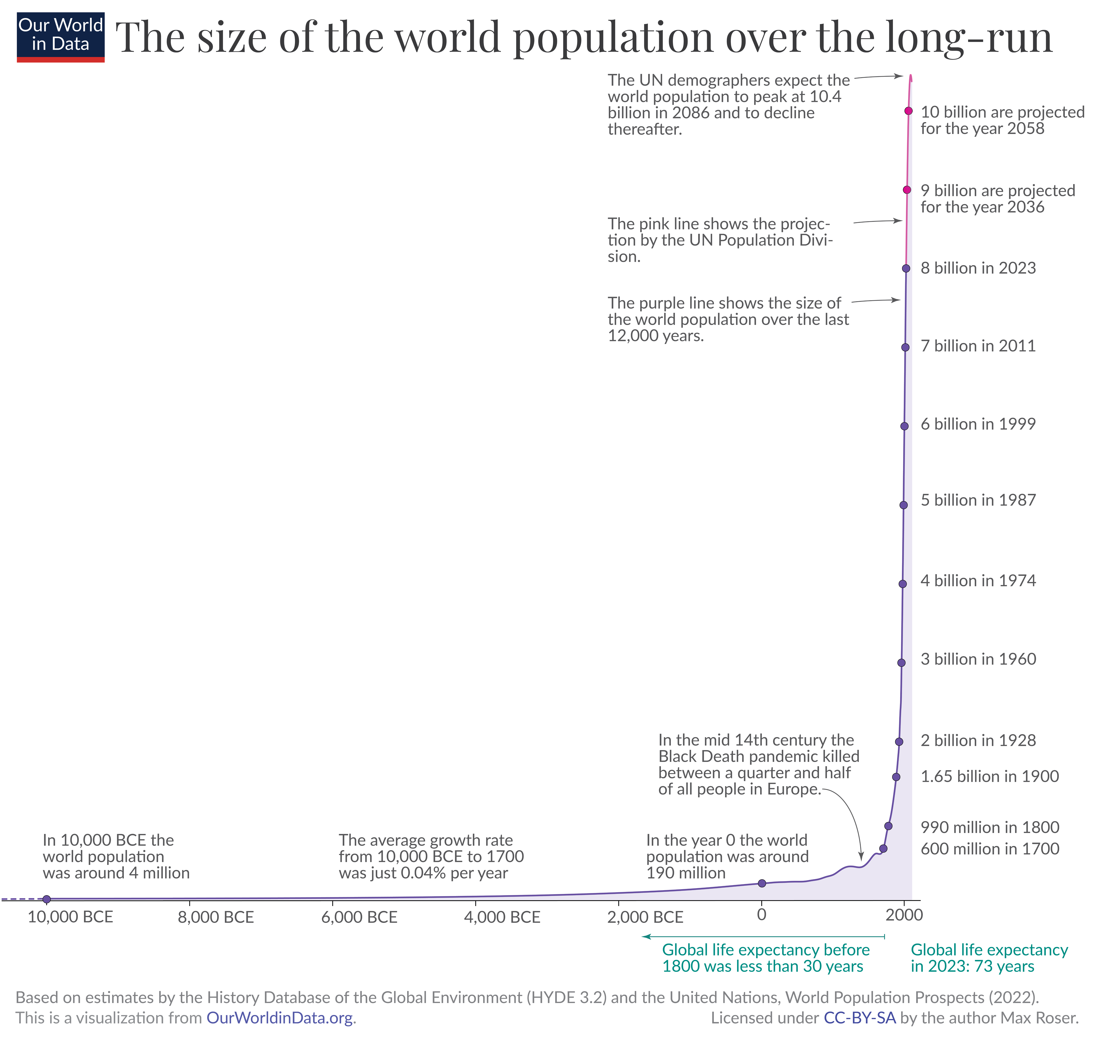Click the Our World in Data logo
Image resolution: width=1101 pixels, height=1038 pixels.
tap(60, 37)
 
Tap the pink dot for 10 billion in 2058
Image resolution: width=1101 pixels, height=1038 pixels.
tap(908, 111)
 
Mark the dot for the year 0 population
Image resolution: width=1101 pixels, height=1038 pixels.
tap(761, 883)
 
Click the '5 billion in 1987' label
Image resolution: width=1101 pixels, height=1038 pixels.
tap(978, 500)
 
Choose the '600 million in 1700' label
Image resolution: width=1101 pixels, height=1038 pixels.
tap(989, 848)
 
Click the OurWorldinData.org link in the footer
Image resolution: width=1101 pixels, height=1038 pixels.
tap(280, 1018)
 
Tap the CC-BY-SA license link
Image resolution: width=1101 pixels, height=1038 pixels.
tap(859, 1018)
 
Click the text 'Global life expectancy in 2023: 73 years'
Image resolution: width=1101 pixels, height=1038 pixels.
tap(989, 958)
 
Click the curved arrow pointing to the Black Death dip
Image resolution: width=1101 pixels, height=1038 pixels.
tap(850, 815)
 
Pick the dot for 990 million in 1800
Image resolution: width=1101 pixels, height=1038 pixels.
tap(888, 826)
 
